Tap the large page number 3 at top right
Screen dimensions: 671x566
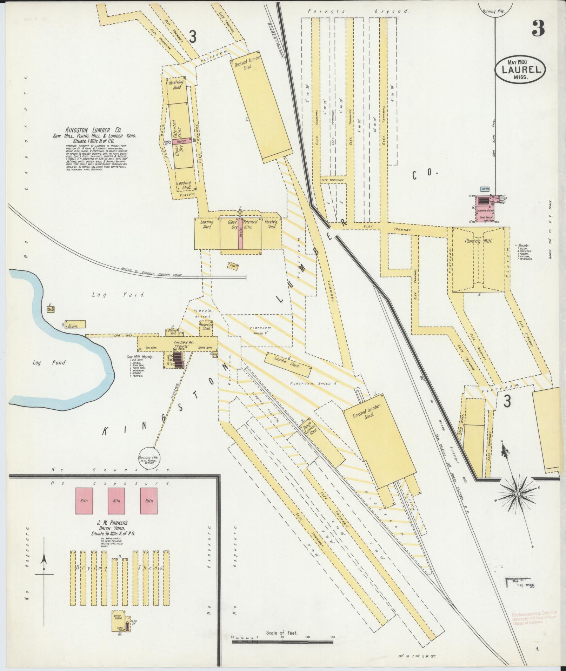[x=538, y=28]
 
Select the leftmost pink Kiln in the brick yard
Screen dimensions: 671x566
[x=84, y=501]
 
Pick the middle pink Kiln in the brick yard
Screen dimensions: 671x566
[x=116, y=501]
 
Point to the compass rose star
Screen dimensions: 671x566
[x=517, y=494]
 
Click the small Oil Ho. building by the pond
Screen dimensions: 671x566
[x=51, y=309]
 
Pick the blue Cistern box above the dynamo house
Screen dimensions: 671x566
[x=485, y=189]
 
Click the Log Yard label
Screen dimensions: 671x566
[x=118, y=295]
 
